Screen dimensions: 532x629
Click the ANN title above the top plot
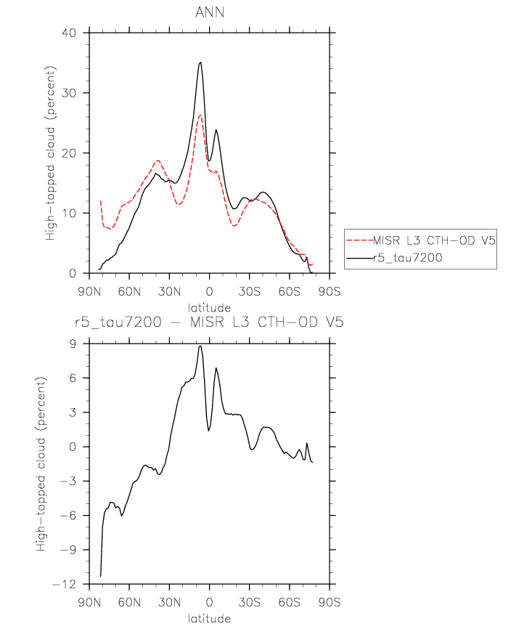click(209, 12)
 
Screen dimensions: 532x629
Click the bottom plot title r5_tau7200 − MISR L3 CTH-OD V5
click(209, 322)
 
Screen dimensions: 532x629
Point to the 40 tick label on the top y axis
click(68, 33)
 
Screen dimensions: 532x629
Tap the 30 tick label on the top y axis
click(68, 93)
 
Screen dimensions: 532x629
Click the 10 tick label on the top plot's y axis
click(68, 213)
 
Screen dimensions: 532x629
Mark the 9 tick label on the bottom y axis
click(73, 344)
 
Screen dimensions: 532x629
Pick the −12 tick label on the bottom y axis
click(64, 584)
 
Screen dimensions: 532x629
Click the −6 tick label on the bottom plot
click(68, 516)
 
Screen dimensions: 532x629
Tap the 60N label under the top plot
click(129, 292)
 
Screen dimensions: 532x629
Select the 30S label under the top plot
click(250, 292)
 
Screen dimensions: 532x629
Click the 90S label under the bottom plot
click(330, 603)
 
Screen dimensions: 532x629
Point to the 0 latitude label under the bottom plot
click(209, 603)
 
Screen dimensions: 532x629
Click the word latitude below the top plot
click(209, 308)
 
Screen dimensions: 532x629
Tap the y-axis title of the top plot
click(50, 153)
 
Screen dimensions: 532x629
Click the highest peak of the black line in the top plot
click(200, 62)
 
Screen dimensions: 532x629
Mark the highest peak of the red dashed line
click(200, 115)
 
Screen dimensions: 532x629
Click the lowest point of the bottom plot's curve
click(100, 576)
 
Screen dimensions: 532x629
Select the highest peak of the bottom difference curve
click(200, 346)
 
